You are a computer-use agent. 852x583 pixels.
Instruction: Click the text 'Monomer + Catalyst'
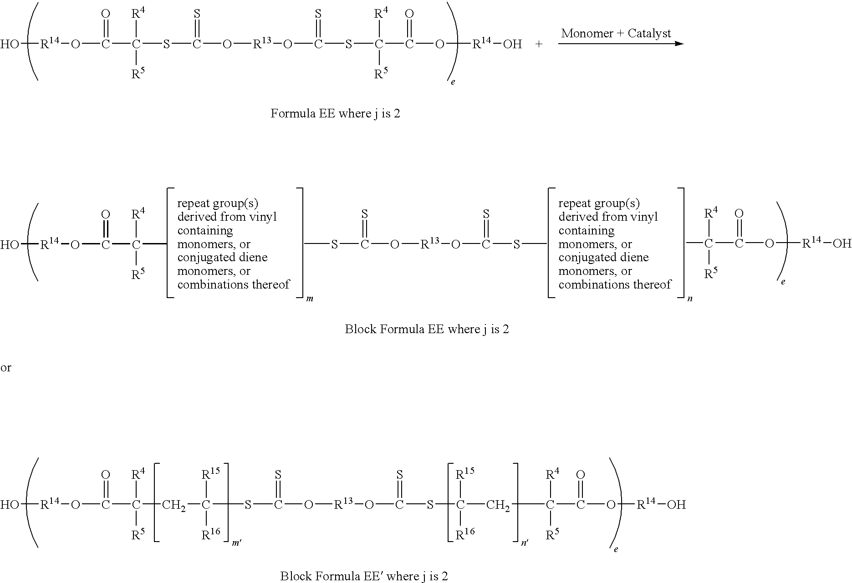(616, 33)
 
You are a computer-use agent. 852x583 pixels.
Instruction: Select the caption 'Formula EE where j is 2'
(335, 113)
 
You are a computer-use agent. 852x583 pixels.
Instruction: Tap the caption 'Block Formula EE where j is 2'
(427, 329)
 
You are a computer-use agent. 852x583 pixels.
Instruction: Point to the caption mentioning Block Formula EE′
(364, 576)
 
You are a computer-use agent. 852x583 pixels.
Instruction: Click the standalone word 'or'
(6, 368)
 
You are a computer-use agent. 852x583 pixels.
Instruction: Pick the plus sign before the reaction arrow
(539, 44)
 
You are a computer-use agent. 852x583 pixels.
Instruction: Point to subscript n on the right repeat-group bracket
(690, 299)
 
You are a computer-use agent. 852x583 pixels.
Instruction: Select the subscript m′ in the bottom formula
(237, 543)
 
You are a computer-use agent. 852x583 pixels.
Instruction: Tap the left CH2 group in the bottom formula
(173, 505)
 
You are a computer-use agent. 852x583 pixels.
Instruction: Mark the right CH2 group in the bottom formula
(498, 505)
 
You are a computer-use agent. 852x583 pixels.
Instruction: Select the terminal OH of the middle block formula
(842, 244)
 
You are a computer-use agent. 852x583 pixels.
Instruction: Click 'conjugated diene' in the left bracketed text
(222, 258)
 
